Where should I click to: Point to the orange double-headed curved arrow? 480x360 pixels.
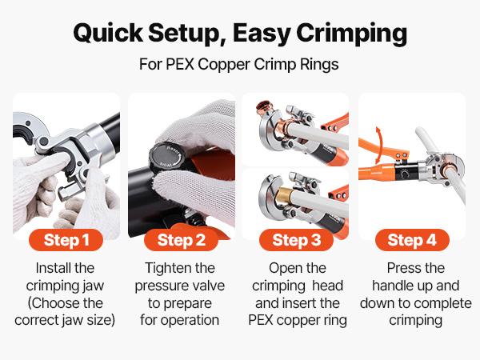point(383,139)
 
